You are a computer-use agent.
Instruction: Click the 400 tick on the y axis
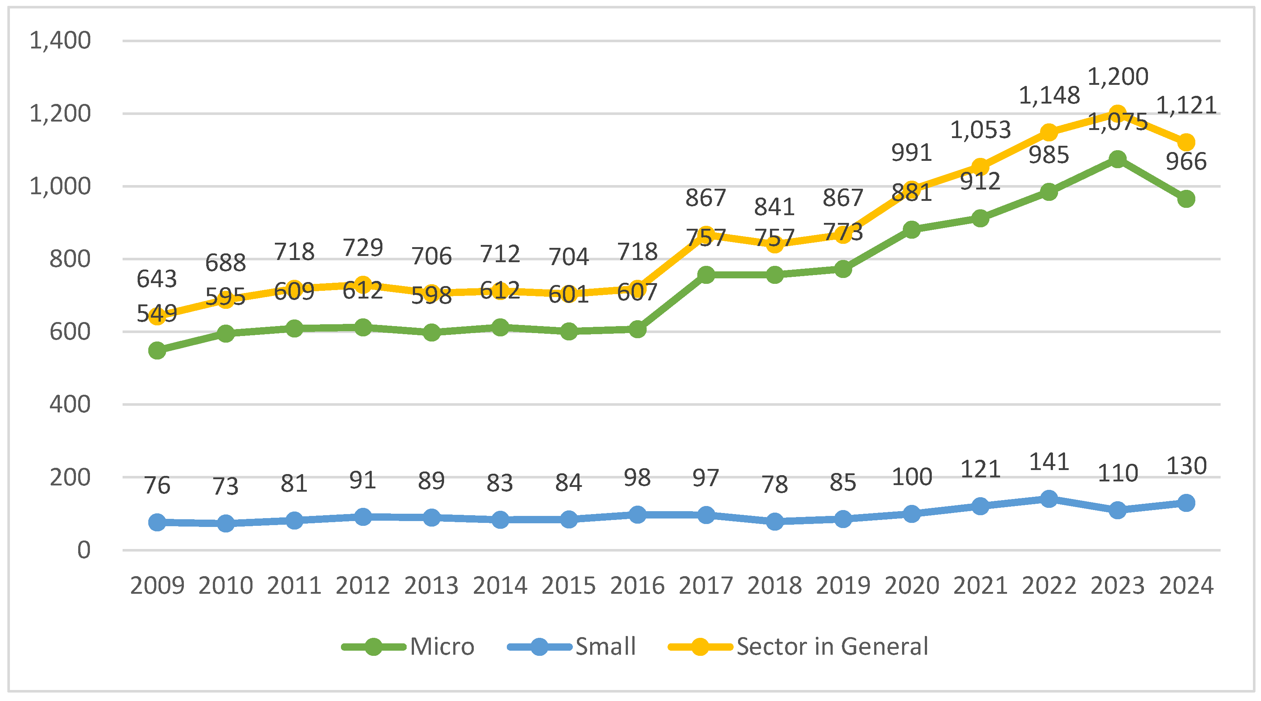(70, 405)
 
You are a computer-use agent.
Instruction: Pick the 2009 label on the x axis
(157, 585)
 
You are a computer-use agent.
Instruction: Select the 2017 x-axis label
(706, 585)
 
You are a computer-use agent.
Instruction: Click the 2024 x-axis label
(1186, 585)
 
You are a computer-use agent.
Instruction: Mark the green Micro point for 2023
(1118, 159)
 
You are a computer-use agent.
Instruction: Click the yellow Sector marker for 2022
(1049, 132)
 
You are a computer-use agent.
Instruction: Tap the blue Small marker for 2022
(1049, 499)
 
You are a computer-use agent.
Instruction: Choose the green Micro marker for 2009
(157, 350)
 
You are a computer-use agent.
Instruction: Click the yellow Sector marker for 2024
(1186, 142)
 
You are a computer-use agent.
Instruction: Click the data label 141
(1049, 462)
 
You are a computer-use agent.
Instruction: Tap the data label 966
(1186, 162)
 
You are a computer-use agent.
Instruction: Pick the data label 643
(157, 279)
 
